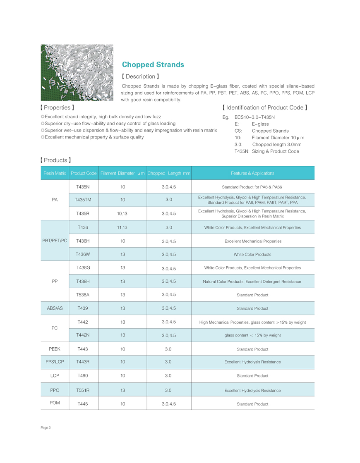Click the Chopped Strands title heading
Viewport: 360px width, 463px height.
[153, 65]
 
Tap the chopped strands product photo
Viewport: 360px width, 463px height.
[77, 72]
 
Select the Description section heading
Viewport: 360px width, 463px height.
[140, 76]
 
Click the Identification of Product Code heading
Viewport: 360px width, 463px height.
[265, 107]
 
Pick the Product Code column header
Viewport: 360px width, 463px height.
[84, 173]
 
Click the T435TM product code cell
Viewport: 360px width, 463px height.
[83, 200]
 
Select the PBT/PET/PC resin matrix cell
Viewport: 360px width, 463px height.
[55, 241]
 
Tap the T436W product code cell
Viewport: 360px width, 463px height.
[83, 255]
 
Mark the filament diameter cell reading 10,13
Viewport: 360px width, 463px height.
[122, 214]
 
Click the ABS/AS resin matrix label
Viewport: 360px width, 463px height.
[55, 308]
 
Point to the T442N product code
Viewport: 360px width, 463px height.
[83, 335]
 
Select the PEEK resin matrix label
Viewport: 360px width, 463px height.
[55, 349]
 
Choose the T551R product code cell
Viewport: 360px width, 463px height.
[83, 390]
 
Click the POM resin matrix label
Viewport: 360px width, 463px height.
[55, 403]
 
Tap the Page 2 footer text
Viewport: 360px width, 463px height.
[46, 428]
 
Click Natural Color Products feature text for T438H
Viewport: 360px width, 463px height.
[252, 282]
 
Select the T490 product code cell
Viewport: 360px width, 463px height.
[83, 376]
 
